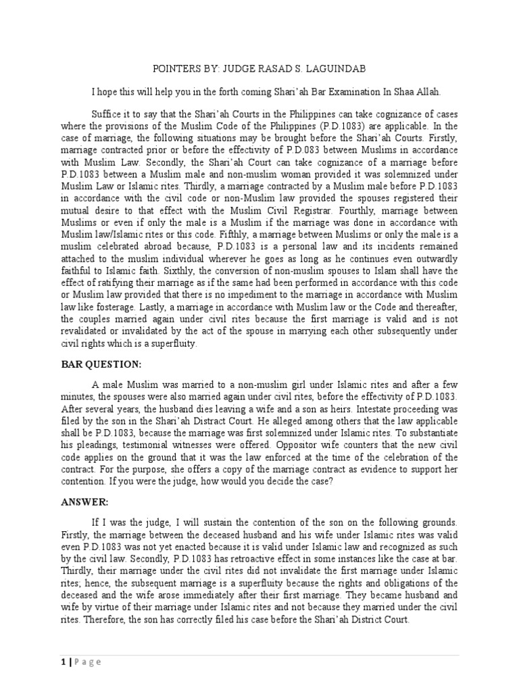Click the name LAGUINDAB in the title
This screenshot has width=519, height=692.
[x=339, y=68]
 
